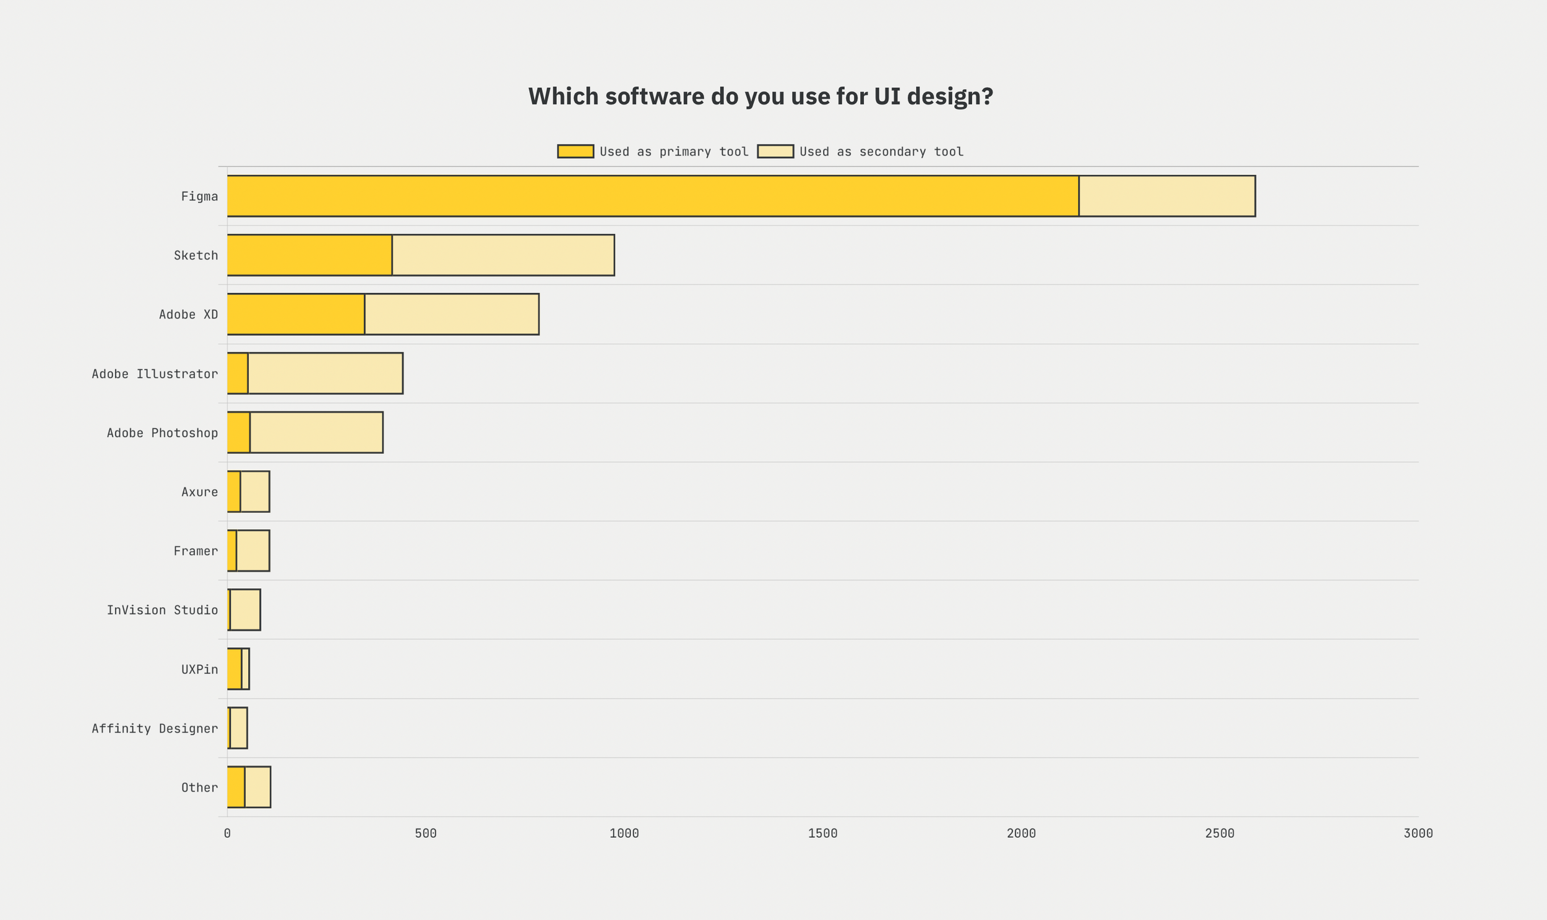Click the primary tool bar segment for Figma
pos(653,196)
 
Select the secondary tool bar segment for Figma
pos(1167,196)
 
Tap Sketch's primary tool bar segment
pos(309,255)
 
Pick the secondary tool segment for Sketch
pos(503,255)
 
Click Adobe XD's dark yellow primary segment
pos(296,314)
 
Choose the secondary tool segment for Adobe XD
pos(452,314)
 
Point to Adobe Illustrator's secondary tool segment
pos(325,373)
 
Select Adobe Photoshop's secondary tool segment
pos(316,432)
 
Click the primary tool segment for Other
pos(236,786)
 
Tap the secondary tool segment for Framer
pos(252,550)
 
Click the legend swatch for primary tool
pos(575,151)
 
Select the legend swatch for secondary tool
pos(775,151)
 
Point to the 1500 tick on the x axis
pos(822,833)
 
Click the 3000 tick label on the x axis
pos(1418,833)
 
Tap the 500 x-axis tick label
pos(426,833)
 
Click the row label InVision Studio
pos(162,610)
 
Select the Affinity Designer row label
pos(155,728)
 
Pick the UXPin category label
pos(199,670)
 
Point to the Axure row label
pos(199,492)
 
